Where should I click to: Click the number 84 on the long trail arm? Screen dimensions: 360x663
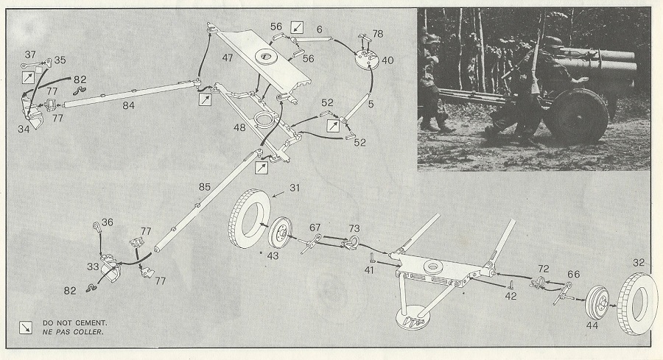(x=129, y=105)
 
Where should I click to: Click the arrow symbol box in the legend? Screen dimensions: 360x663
(x=26, y=326)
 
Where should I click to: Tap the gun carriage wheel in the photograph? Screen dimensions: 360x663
(x=575, y=116)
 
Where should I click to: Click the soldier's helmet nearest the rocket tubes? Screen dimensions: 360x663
(x=552, y=43)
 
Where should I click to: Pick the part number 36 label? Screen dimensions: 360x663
(x=108, y=222)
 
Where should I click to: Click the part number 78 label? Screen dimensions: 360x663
(x=377, y=34)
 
